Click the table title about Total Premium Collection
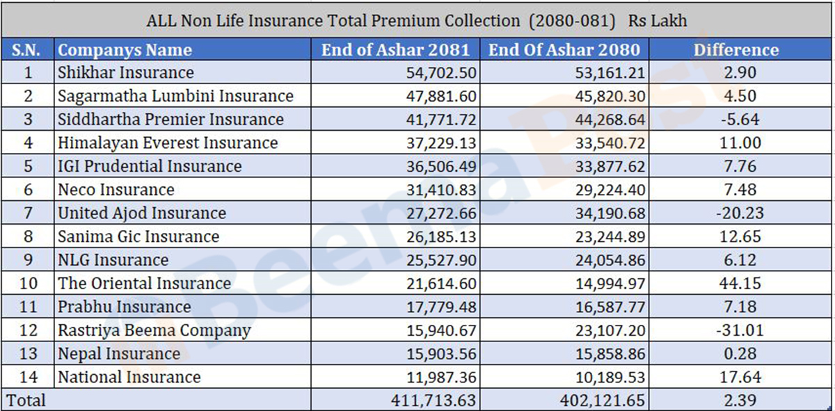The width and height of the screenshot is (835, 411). click(417, 20)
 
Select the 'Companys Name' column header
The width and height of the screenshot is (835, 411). click(125, 50)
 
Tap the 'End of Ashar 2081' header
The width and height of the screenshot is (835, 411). click(395, 50)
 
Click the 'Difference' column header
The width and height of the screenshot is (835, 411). click(736, 50)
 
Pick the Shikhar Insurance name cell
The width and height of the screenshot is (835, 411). click(126, 72)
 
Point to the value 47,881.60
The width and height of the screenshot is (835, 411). click(441, 96)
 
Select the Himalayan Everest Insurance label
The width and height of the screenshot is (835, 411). click(168, 143)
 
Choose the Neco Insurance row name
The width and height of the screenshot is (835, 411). click(116, 190)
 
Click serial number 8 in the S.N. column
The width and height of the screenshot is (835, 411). click(28, 236)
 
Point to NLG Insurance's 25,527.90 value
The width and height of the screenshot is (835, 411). click(441, 260)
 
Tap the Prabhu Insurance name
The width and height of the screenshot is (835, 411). click(125, 307)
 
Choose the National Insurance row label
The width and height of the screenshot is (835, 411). click(129, 378)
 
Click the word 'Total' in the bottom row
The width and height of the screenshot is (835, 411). click(26, 401)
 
